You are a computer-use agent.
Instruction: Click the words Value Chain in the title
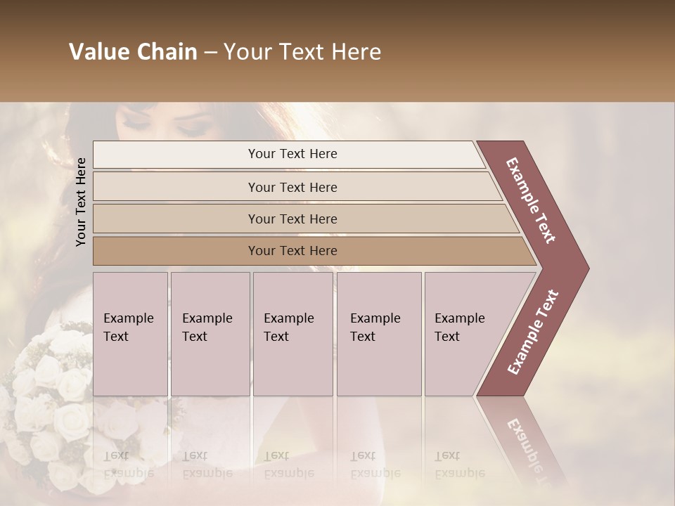pyautogui.click(x=133, y=52)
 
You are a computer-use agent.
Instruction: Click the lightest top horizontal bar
pyautogui.click(x=292, y=154)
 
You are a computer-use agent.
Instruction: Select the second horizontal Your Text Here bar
pyautogui.click(x=292, y=187)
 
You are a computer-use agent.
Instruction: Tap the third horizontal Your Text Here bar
pyautogui.click(x=292, y=219)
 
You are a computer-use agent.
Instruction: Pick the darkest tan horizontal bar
pyautogui.click(x=292, y=251)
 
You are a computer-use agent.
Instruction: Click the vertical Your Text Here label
pyautogui.click(x=82, y=201)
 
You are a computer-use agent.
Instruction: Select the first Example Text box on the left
pyautogui.click(x=130, y=333)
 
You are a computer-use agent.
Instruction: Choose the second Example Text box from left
pyautogui.click(x=210, y=333)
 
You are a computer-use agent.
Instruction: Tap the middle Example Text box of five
pyautogui.click(x=293, y=333)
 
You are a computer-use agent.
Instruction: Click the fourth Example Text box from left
pyautogui.click(x=378, y=333)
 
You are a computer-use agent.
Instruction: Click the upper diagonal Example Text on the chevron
pyautogui.click(x=532, y=200)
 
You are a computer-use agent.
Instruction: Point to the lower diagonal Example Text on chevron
pyautogui.click(x=533, y=332)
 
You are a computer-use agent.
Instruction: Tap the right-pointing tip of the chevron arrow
pyautogui.click(x=585, y=268)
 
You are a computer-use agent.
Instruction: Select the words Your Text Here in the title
pyautogui.click(x=302, y=52)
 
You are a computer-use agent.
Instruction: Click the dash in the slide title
pyautogui.click(x=210, y=52)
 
